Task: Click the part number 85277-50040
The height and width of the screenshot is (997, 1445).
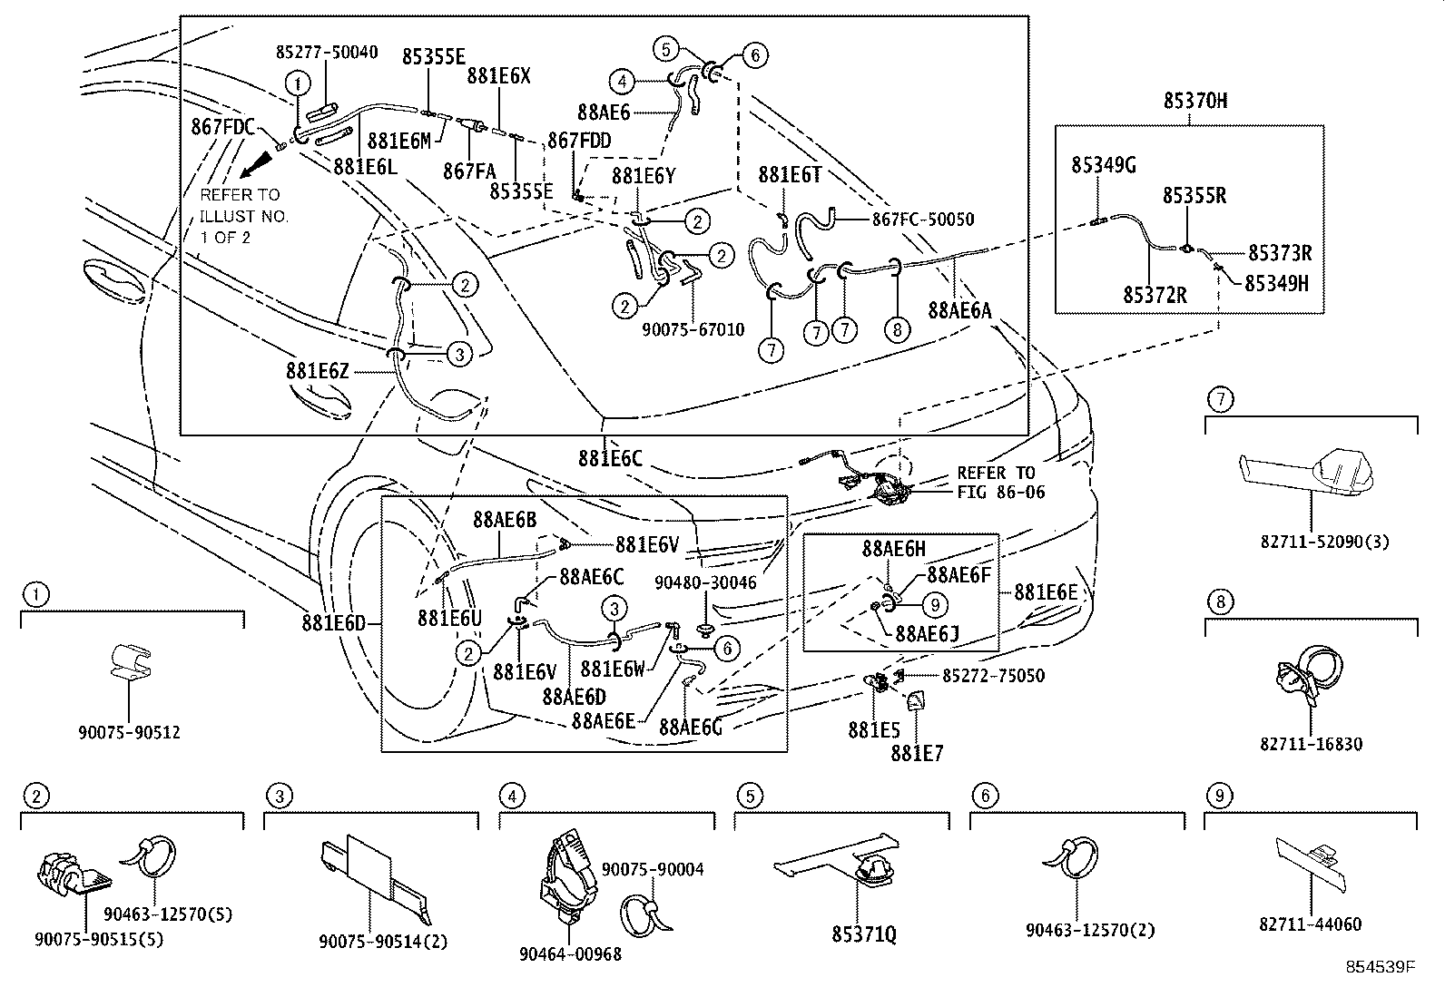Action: click(x=327, y=53)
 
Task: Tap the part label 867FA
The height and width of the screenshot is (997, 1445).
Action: click(x=469, y=170)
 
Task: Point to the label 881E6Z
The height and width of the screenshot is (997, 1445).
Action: click(x=318, y=371)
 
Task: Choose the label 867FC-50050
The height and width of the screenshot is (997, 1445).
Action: click(x=923, y=219)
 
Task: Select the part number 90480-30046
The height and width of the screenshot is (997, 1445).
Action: click(x=704, y=582)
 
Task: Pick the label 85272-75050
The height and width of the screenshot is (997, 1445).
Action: click(x=993, y=675)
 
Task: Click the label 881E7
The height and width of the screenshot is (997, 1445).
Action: click(x=917, y=752)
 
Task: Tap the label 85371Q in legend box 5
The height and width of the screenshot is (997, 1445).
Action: click(x=864, y=933)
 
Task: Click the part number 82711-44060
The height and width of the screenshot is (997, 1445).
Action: click(x=1311, y=924)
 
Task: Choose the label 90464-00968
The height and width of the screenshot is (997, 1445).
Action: click(x=570, y=953)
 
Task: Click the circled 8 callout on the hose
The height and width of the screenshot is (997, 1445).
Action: click(x=897, y=329)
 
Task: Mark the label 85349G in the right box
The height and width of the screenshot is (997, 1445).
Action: click(x=1104, y=165)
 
